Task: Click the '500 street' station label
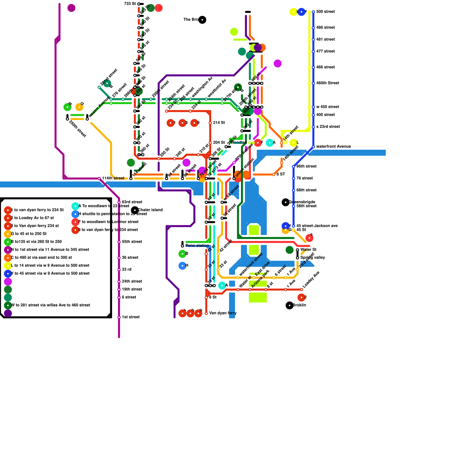325,12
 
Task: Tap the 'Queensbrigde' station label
302,202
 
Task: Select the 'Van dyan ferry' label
223,313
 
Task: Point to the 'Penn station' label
197,246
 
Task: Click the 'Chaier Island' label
150,210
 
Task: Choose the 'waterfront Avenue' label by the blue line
333,147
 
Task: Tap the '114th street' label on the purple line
113,178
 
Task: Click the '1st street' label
131,317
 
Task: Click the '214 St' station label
219,123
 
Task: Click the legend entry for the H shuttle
112,214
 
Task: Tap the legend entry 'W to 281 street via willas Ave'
50,305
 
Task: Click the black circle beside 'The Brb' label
202,20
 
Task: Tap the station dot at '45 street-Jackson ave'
294,226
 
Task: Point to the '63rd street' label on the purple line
132,202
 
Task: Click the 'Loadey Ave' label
311,280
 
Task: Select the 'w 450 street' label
328,107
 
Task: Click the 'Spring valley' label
312,258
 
